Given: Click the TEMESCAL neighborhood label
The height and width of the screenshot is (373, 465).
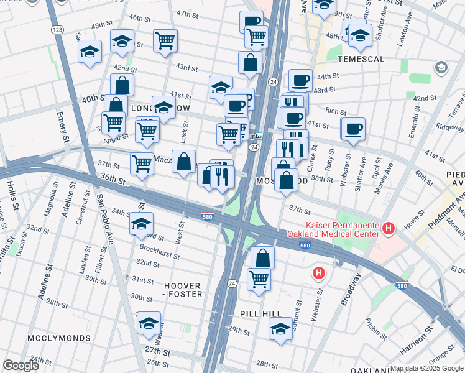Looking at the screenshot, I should (361, 59).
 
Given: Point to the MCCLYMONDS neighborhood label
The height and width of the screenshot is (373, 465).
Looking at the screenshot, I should (59, 338).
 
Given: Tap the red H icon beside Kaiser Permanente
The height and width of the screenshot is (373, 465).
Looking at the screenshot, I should (389, 229).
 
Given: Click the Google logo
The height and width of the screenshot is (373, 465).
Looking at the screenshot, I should (21, 366).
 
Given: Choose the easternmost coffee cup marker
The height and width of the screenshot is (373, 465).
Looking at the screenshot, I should (353, 129).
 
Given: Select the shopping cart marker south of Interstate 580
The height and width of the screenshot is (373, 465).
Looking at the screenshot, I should (259, 279).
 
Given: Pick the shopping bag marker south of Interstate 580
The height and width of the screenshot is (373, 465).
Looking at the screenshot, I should (263, 257).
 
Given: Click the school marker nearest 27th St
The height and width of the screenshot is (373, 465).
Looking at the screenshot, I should (149, 323).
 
